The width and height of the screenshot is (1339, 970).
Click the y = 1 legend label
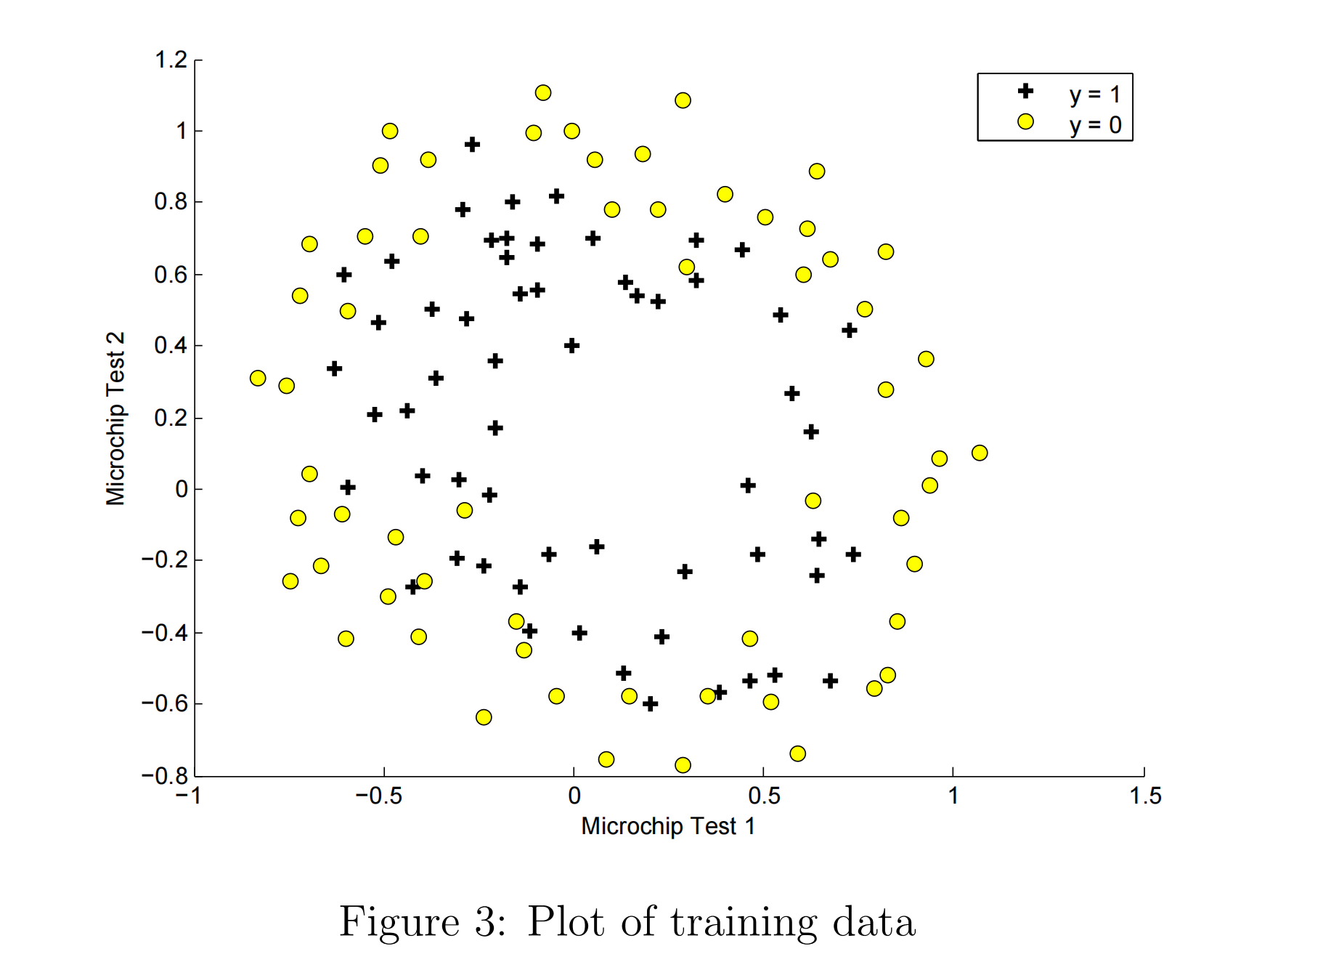click(x=1094, y=94)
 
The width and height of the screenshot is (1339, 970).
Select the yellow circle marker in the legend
click(x=1025, y=122)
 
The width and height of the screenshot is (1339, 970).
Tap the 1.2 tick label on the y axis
click(x=171, y=60)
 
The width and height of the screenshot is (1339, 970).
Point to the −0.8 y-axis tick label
click(x=165, y=775)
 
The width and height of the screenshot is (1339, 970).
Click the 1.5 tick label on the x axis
click(x=1145, y=796)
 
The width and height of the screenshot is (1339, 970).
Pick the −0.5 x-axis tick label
click(x=378, y=796)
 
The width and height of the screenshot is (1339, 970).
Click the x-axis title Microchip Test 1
click(x=668, y=826)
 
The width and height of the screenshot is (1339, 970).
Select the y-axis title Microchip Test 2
click(x=116, y=419)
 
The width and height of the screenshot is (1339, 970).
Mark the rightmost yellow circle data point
click(x=980, y=453)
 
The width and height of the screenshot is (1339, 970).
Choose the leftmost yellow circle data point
click(x=258, y=379)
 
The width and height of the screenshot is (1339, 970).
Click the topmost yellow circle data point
click(x=543, y=93)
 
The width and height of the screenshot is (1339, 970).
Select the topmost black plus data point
click(x=473, y=145)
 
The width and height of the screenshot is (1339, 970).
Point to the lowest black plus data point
click(x=651, y=703)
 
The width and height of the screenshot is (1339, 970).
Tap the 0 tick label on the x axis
click(x=574, y=796)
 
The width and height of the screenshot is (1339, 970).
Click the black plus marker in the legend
click(x=1025, y=91)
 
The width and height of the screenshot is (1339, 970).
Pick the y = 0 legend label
click(x=1094, y=126)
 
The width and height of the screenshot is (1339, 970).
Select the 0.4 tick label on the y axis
click(x=171, y=346)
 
